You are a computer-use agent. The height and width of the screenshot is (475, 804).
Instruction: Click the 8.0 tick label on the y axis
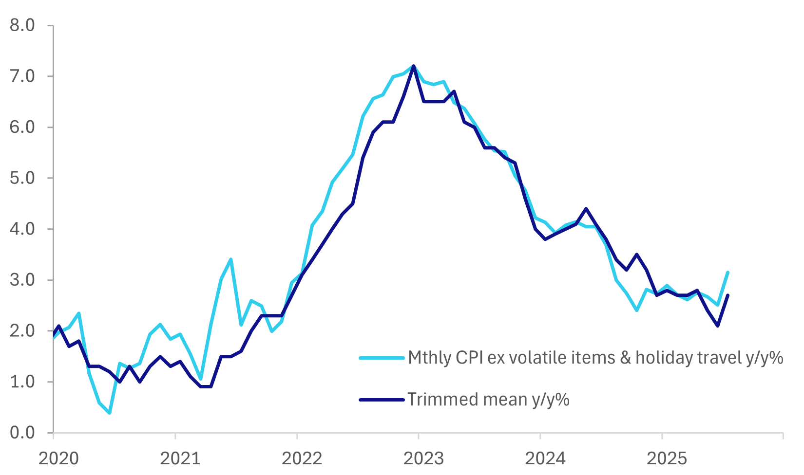point(22,25)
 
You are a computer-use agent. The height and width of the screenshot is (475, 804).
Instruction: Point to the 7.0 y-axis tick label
point(22,76)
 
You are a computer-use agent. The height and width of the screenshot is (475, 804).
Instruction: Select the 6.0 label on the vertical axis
point(22,127)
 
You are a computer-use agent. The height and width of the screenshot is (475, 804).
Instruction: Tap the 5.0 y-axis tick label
point(22,178)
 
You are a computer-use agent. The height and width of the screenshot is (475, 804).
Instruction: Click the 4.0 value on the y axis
point(22,229)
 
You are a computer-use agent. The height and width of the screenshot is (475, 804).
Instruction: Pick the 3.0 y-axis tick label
point(22,280)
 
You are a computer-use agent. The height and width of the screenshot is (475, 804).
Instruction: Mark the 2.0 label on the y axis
point(22,331)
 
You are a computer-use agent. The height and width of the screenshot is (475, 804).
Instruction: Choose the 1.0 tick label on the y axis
point(22,382)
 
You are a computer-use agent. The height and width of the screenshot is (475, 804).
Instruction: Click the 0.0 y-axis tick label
point(22,432)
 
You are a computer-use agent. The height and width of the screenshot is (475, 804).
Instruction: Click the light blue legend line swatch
point(382,358)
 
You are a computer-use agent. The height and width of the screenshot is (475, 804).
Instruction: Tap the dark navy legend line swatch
point(382,400)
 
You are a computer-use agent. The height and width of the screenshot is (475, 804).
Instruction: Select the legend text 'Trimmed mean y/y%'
point(489,400)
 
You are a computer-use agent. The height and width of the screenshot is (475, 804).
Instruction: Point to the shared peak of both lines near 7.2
point(414,66)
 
